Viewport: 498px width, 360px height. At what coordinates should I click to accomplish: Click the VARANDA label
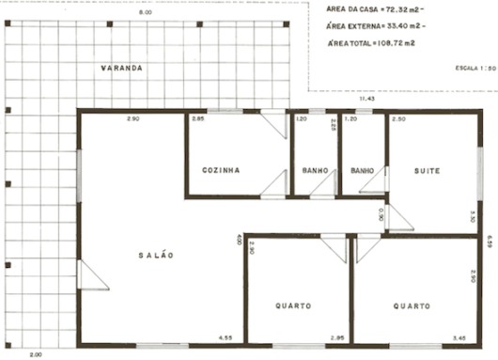click(x=122, y=69)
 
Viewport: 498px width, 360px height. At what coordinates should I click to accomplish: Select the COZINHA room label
click(x=222, y=170)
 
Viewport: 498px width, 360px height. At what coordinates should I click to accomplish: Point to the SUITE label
click(x=428, y=170)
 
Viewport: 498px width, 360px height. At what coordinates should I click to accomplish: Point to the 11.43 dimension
click(x=366, y=98)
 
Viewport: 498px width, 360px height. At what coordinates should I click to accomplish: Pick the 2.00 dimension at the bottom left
click(x=36, y=354)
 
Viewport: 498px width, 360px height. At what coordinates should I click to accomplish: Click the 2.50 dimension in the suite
click(x=399, y=120)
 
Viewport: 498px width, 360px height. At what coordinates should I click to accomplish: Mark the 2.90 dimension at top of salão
click(x=133, y=119)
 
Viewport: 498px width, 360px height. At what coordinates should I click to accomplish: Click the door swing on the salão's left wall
click(x=91, y=274)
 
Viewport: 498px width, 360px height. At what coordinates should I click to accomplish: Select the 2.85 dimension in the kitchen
click(x=198, y=119)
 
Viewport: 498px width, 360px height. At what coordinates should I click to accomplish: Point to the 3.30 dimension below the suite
click(x=473, y=215)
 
